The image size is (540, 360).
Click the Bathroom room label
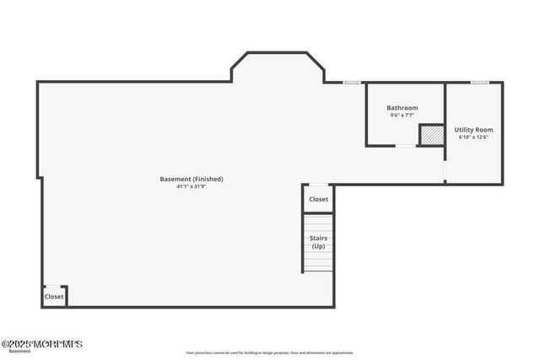(402, 108)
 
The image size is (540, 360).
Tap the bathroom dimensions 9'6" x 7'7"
(402, 116)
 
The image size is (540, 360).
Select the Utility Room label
(473, 130)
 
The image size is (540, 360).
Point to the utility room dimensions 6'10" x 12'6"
(473, 137)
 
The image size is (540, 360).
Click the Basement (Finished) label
(192, 179)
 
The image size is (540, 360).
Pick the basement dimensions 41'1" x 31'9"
(192, 186)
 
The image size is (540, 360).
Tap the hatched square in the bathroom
(431, 135)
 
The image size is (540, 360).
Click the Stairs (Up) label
(318, 242)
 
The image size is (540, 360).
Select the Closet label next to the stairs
(318, 199)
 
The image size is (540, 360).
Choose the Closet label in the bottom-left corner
(53, 297)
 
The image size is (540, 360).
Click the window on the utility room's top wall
(479, 82)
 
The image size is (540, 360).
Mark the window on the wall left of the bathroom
(352, 82)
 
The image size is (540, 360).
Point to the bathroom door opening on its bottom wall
(407, 146)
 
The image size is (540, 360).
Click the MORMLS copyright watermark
(41, 344)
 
